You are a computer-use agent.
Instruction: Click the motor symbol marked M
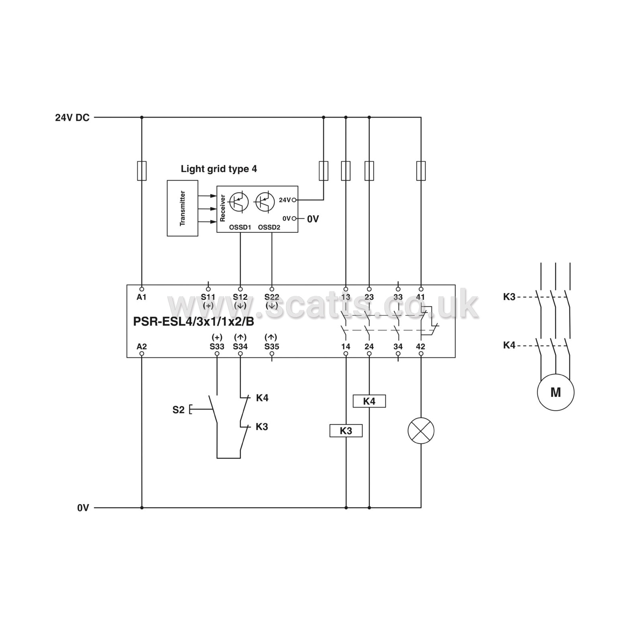click(x=555, y=392)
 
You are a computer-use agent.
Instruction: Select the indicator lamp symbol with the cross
click(x=421, y=431)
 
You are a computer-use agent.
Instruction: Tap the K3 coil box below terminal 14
click(x=346, y=431)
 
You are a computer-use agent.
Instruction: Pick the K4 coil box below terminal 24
click(x=369, y=401)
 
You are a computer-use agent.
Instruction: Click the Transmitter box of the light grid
click(x=183, y=208)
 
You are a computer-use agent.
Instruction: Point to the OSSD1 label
click(x=240, y=228)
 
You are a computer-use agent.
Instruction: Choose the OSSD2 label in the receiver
click(x=269, y=228)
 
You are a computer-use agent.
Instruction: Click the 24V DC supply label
click(x=72, y=118)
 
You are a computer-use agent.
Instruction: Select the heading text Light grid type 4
click(x=219, y=169)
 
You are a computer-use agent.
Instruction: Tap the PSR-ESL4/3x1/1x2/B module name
click(x=193, y=321)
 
